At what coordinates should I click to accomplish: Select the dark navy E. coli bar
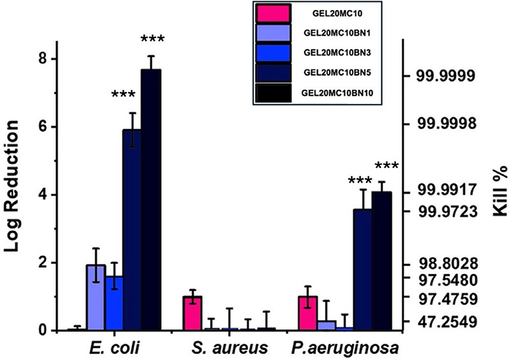[x=132, y=229]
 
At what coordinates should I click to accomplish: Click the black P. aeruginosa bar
[x=381, y=261]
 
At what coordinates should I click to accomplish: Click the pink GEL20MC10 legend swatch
[x=272, y=13]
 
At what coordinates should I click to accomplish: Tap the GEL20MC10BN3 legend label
[x=339, y=53]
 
